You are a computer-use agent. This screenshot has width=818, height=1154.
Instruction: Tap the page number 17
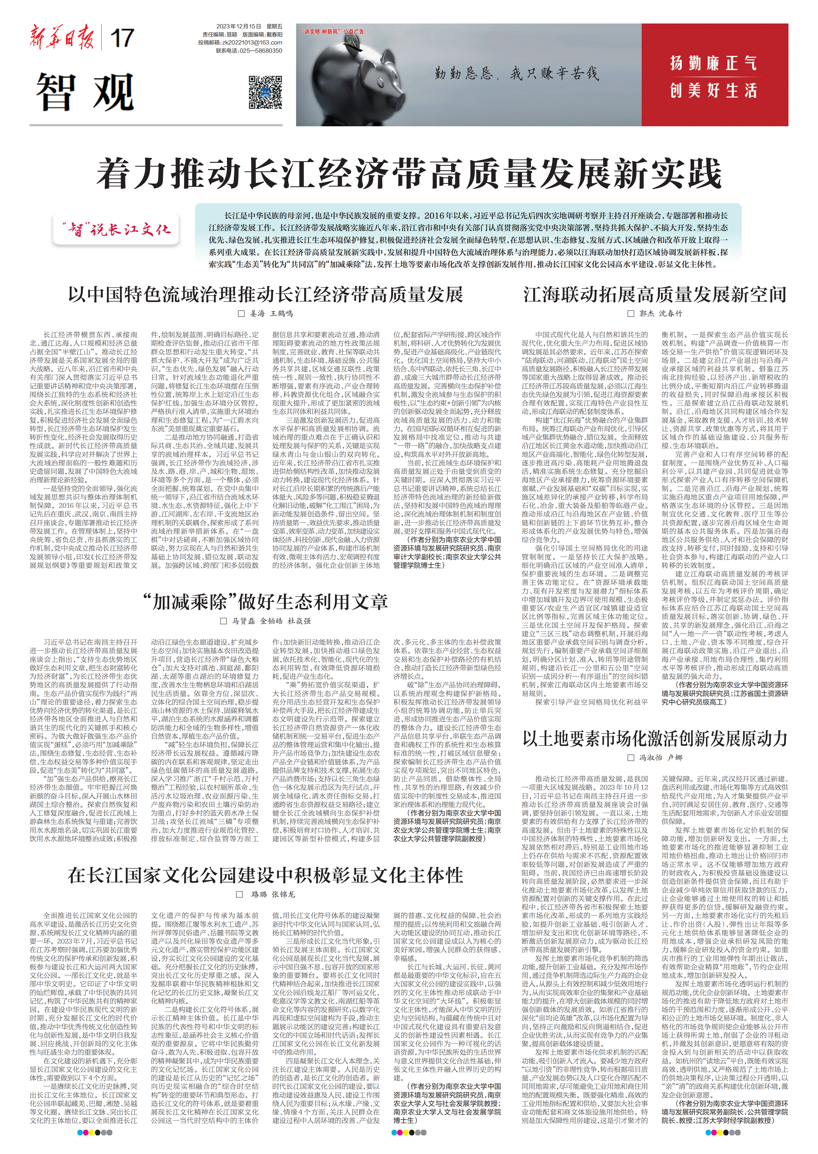tap(121, 39)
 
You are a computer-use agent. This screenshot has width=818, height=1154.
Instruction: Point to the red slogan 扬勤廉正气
tap(713, 63)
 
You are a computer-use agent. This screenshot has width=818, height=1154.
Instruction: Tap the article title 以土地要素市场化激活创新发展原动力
tap(655, 739)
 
